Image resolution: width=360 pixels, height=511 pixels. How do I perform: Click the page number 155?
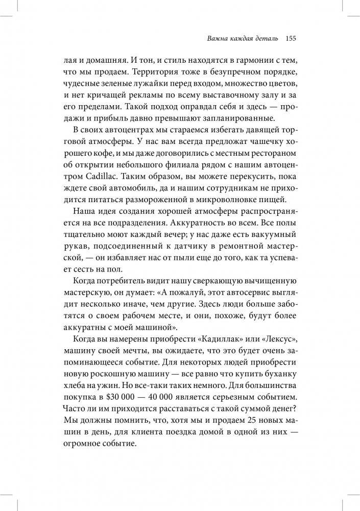pos(291,38)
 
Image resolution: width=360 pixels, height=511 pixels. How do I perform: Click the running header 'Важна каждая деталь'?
pos(241,38)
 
